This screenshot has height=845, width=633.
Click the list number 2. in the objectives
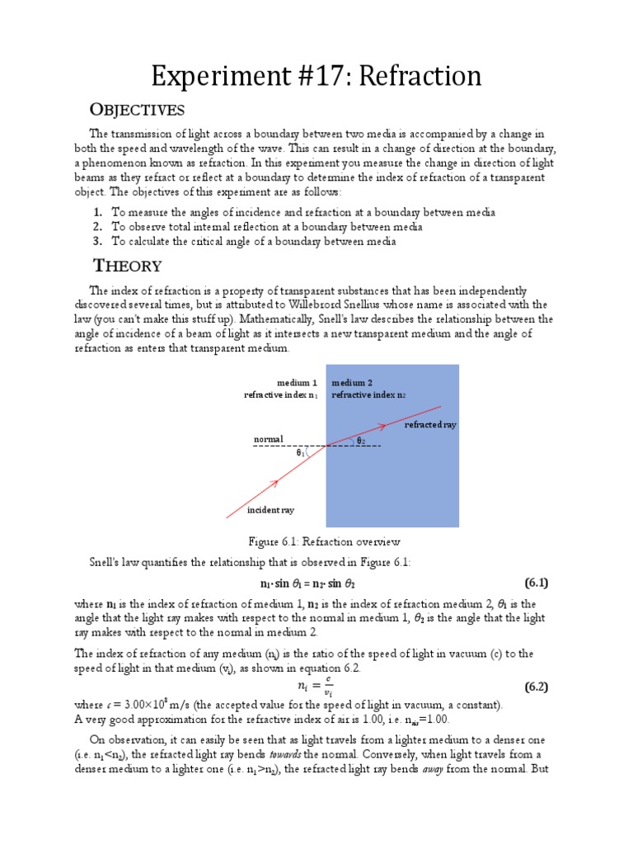97,227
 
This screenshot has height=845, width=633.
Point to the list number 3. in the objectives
97,241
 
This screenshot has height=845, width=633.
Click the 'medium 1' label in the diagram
297,383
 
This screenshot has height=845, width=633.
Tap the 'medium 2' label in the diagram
352,383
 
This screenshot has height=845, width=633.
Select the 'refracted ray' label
429,424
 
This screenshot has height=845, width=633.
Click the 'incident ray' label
270,510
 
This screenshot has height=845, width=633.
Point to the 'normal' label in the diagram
268,439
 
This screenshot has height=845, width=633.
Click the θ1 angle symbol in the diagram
301,452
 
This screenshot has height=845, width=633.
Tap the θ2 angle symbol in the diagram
360,441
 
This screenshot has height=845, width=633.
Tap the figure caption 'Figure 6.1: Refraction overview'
324,542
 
